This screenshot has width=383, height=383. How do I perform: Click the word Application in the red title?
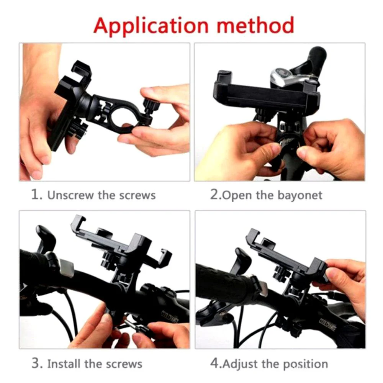click(x=151, y=26)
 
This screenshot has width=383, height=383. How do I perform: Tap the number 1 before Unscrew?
click(x=36, y=195)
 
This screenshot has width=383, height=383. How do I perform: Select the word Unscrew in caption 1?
click(x=70, y=195)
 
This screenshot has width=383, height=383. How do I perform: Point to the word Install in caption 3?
click(x=64, y=364)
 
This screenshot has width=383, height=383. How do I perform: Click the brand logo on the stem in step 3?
click(x=170, y=316)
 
